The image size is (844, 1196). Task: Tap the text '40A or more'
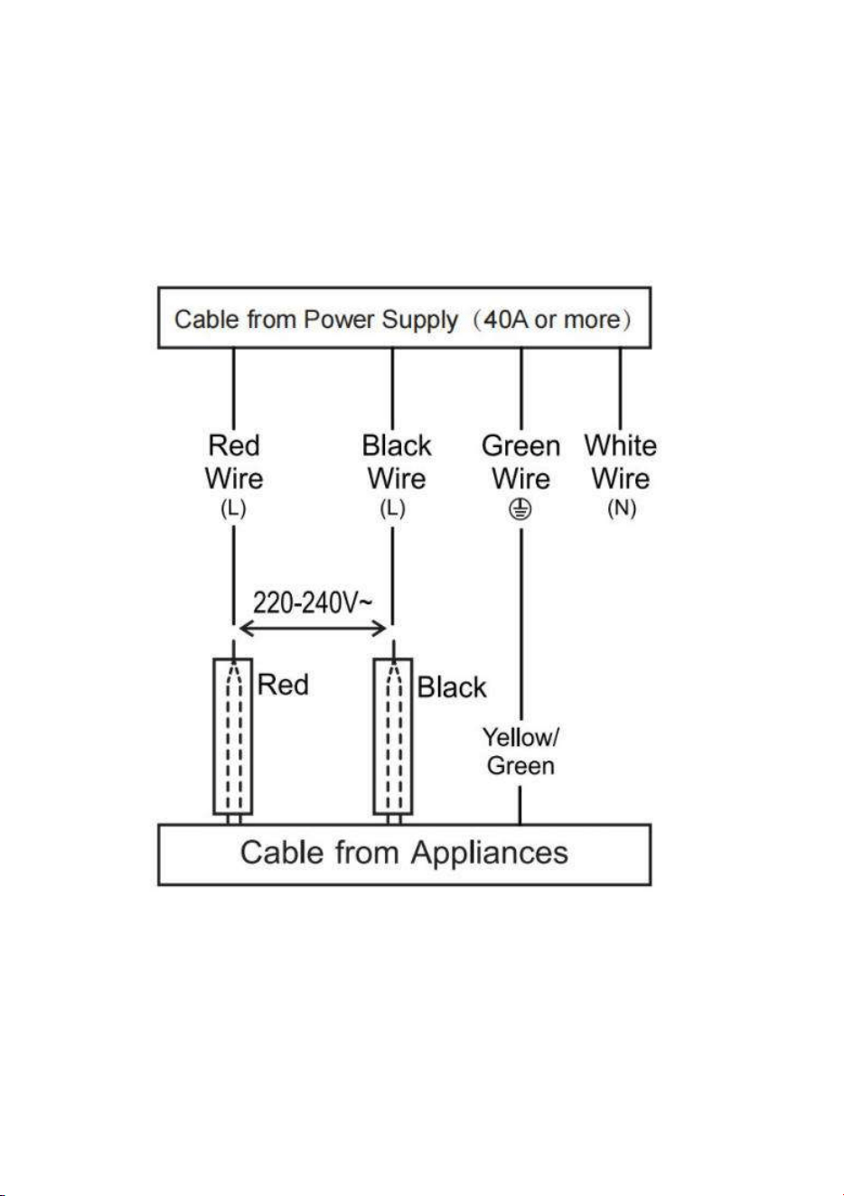[x=552, y=319]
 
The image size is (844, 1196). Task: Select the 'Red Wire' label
[x=234, y=462]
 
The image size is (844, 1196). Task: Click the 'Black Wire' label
[x=397, y=462]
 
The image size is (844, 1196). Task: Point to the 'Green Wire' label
[x=520, y=462]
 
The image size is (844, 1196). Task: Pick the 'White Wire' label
[x=620, y=462]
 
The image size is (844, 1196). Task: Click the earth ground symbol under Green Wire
[x=520, y=509]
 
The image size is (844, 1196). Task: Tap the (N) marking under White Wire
[x=622, y=509]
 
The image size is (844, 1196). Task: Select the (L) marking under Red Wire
[x=233, y=509]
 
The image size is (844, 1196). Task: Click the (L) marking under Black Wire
[x=392, y=509]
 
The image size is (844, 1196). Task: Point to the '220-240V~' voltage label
[x=313, y=603]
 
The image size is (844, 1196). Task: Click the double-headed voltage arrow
[x=313, y=629]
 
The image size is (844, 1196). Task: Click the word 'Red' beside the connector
[x=283, y=685]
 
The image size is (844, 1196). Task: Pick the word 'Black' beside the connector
[x=452, y=687]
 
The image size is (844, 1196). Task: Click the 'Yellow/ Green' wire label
[x=520, y=752]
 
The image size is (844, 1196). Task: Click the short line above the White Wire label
[x=620, y=388]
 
